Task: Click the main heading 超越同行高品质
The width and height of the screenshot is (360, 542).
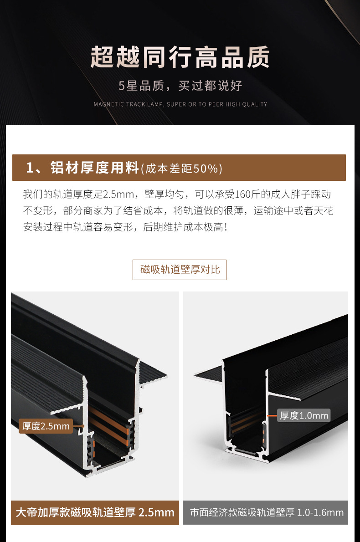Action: click(x=180, y=58)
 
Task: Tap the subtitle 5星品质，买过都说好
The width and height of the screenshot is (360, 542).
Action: click(x=180, y=85)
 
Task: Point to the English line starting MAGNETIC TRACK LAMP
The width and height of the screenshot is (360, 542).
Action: click(x=180, y=104)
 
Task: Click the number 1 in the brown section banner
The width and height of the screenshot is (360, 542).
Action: click(x=31, y=168)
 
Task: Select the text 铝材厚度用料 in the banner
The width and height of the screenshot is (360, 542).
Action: click(x=93, y=168)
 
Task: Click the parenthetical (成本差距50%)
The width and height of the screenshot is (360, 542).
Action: click(x=182, y=169)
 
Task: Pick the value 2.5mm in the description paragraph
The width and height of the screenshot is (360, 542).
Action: click(x=118, y=194)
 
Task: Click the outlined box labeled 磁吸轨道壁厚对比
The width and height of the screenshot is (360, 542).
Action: click(x=180, y=270)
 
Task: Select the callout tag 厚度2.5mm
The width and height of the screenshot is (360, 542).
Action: click(x=46, y=426)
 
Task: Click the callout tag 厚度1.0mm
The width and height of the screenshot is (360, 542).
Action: click(x=303, y=415)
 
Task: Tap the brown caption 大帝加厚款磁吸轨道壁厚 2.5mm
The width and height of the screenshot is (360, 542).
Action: click(x=95, y=512)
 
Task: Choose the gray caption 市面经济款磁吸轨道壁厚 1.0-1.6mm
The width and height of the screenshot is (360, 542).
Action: click(x=266, y=512)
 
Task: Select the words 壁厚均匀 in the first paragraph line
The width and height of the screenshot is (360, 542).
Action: click(x=167, y=194)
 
